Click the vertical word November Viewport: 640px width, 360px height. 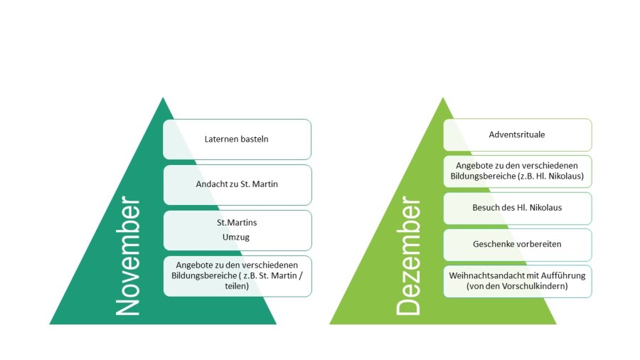pyautogui.click(x=128, y=257)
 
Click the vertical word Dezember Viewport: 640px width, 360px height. pyautogui.click(x=409, y=257)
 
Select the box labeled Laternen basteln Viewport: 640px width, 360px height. pyautogui.click(x=237, y=139)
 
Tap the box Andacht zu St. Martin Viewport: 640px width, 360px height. pyautogui.click(x=237, y=184)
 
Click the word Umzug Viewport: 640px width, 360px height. pyautogui.click(x=237, y=236)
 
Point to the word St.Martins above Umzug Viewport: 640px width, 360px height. pyautogui.click(x=237, y=223)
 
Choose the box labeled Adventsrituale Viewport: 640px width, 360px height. pyautogui.click(x=517, y=134)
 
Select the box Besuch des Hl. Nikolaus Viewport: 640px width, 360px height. pyautogui.click(x=517, y=208)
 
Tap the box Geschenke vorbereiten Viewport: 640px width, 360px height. pyautogui.click(x=517, y=244)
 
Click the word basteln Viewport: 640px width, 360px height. pyautogui.click(x=255, y=139)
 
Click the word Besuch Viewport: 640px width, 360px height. pyautogui.click(x=486, y=208)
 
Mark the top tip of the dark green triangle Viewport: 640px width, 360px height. pyautogui.click(x=163, y=98)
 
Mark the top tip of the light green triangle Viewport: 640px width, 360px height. pyautogui.click(x=443, y=98)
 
